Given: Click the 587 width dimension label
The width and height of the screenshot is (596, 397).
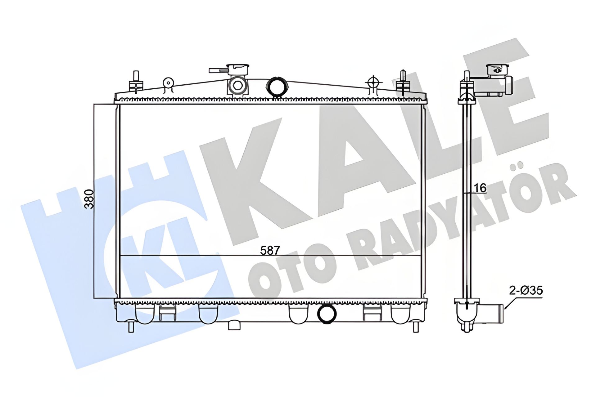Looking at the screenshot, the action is (x=270, y=250).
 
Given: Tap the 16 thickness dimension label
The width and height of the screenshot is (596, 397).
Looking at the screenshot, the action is (x=480, y=187).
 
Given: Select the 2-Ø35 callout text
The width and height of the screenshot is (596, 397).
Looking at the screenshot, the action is (x=526, y=291).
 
